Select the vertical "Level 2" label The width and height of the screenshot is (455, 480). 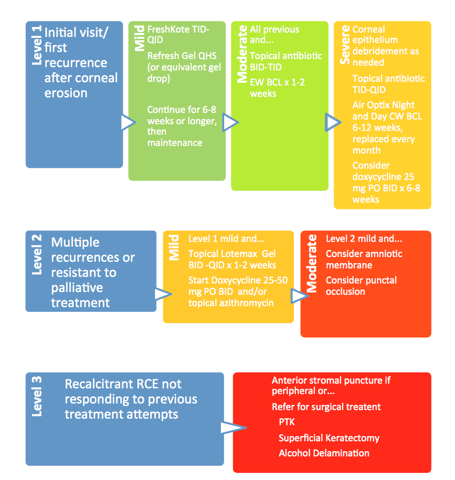tap(36, 255)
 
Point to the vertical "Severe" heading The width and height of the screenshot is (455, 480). tap(345, 45)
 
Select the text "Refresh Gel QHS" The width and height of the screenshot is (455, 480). tap(179, 56)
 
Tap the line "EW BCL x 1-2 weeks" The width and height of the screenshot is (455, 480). tap(277, 88)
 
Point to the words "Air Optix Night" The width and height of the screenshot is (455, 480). tap(383, 105)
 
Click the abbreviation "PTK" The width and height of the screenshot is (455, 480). tap(286, 422)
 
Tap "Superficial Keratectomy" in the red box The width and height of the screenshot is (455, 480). tap(329, 438)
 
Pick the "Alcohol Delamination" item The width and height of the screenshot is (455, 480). tap(324, 453)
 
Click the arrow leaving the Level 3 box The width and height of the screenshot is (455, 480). tap(232, 428)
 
